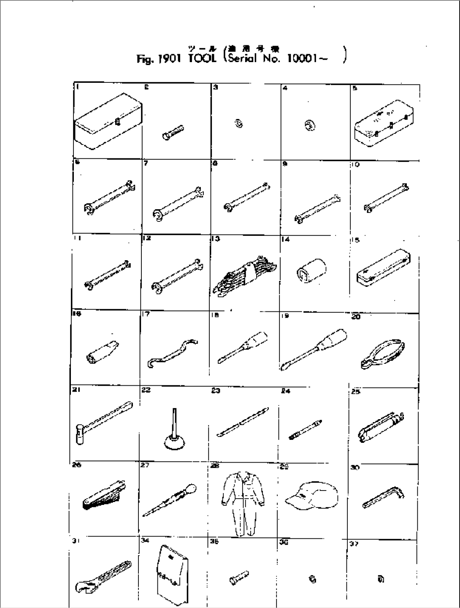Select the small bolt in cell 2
pos(172,132)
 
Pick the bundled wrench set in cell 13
pos(243,275)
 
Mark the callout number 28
pos(215,466)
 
